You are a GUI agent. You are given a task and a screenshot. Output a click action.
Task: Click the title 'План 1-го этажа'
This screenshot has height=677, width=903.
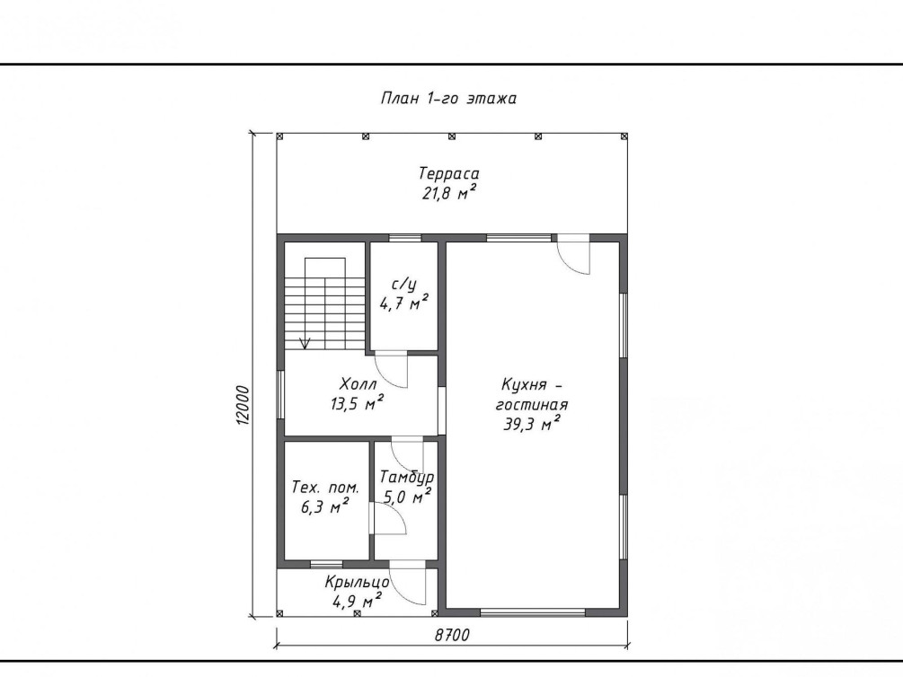point(448,99)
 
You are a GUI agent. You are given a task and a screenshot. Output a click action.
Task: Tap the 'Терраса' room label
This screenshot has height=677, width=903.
point(449,173)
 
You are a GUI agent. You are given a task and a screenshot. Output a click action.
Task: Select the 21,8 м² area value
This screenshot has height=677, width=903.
point(449,193)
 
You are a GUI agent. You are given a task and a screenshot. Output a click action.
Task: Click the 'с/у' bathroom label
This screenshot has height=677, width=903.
point(403,285)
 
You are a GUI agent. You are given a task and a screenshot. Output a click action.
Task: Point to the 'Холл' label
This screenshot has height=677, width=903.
point(359,383)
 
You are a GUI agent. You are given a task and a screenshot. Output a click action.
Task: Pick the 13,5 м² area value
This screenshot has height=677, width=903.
point(357,403)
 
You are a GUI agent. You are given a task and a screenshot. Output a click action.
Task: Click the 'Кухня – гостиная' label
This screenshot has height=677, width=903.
point(532,394)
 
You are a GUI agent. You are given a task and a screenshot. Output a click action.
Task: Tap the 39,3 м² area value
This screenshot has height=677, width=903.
point(532,425)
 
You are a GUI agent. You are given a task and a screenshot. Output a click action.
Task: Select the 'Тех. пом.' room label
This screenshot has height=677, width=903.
point(325,487)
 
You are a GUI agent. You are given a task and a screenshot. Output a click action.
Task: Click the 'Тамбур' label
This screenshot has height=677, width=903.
point(407,478)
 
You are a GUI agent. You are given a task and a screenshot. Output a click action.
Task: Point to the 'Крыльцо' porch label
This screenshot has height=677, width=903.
point(357,583)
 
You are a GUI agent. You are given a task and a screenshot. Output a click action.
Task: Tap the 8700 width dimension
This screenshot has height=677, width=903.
point(452,635)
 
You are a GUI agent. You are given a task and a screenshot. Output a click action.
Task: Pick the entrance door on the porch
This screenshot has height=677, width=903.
point(408,587)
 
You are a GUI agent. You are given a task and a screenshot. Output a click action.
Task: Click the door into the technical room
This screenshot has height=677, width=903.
point(389,519)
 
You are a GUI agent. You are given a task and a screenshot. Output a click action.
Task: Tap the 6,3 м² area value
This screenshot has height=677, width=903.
point(324,507)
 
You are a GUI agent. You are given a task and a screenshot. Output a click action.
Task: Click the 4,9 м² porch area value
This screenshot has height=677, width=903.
point(357,602)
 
